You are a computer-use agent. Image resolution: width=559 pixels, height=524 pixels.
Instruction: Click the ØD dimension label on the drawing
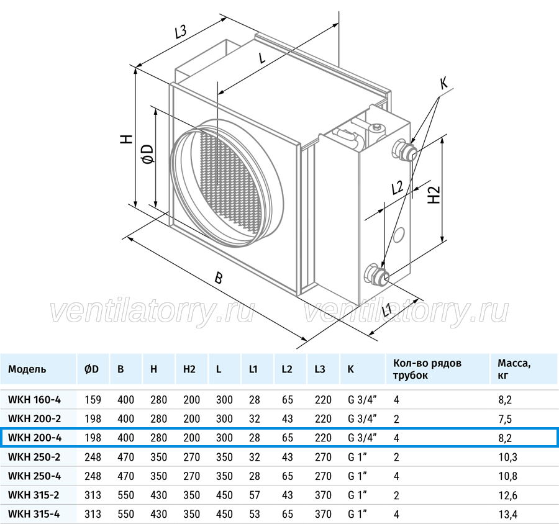tap(148, 154)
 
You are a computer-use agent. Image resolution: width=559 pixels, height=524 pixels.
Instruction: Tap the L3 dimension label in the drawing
tap(180, 32)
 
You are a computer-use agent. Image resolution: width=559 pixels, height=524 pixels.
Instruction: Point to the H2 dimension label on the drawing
tap(434, 195)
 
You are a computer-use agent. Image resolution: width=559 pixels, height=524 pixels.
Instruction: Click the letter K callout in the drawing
tap(444, 83)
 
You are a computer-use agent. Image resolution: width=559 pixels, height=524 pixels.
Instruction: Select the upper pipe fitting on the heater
tap(404, 150)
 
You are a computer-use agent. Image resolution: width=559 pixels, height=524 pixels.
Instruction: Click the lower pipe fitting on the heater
tap(376, 274)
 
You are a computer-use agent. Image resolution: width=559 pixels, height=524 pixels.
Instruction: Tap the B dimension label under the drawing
tap(219, 278)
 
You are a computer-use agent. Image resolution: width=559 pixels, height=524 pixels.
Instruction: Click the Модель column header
tap(27, 369)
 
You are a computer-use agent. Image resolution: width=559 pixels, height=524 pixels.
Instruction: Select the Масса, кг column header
tap(514, 369)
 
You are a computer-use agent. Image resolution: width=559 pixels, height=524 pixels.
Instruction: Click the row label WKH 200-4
tap(35, 437)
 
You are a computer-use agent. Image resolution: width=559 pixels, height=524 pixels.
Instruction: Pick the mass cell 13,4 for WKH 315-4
tap(507, 514)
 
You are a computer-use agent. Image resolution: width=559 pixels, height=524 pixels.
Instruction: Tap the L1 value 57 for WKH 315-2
tap(255, 495)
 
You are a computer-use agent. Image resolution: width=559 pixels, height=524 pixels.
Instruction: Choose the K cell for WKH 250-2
tap(357, 456)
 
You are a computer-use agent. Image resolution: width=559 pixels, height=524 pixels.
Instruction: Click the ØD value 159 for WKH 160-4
tap(93, 400)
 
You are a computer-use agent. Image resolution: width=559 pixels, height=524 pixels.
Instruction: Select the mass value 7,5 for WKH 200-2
tap(505, 419)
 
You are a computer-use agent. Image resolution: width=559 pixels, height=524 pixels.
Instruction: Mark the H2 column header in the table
tap(189, 369)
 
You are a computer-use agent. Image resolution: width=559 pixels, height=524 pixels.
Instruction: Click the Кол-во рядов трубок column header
tap(427, 369)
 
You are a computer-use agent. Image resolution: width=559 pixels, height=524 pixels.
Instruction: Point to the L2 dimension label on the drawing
tap(397, 187)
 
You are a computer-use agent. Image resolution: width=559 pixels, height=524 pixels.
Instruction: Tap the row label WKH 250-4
tap(34, 476)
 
